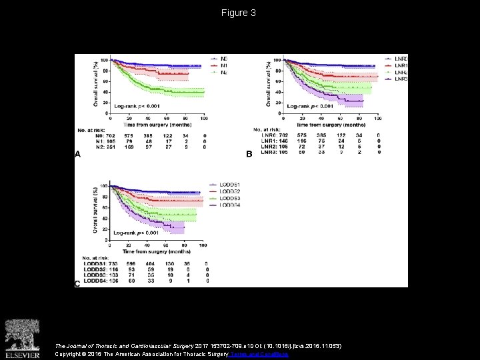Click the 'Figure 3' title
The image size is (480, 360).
click(x=239, y=13)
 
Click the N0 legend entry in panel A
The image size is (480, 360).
click(x=216, y=58)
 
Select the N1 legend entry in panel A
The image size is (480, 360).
click(x=216, y=65)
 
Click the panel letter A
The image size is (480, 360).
click(x=77, y=154)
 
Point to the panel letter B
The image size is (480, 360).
click(x=249, y=154)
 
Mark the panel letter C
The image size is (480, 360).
click(x=77, y=283)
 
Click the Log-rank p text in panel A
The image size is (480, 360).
click(x=137, y=106)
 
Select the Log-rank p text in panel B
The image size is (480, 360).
click(x=310, y=106)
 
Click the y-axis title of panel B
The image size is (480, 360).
click(x=269, y=83)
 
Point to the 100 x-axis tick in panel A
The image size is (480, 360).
click(x=203, y=118)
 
